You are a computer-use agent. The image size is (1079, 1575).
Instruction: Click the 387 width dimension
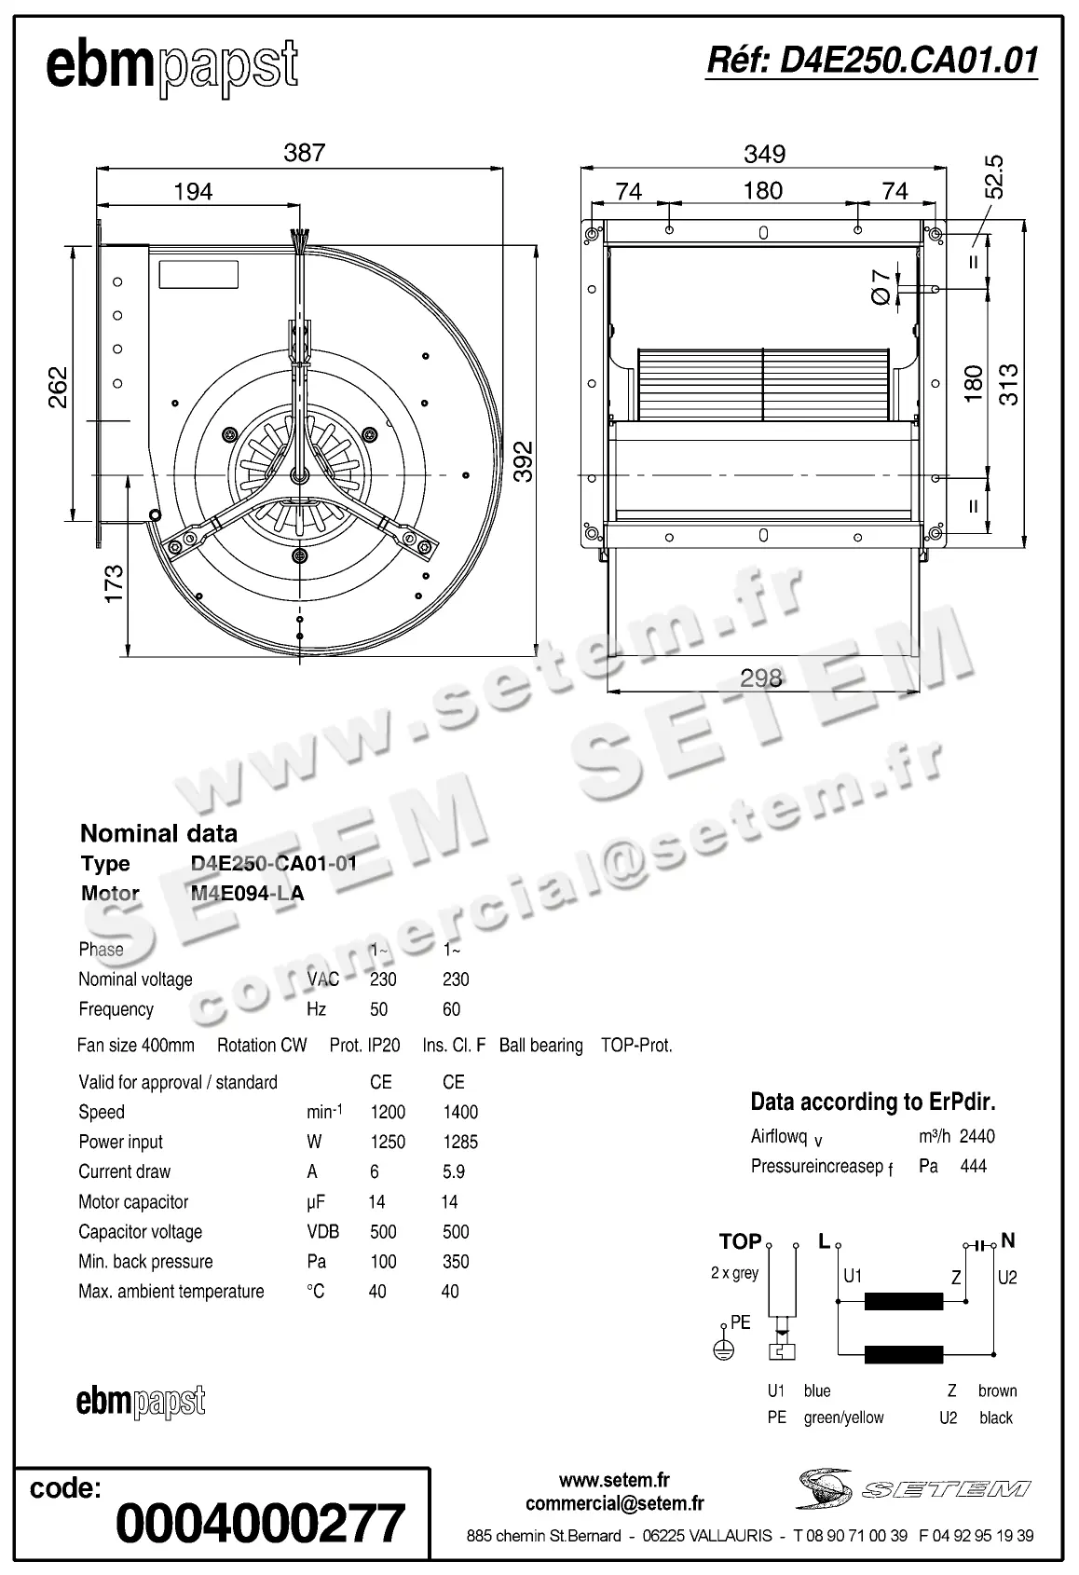coord(304,153)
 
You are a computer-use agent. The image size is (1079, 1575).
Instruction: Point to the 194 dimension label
coord(193,192)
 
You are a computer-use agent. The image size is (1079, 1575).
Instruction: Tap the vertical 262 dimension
coord(58,388)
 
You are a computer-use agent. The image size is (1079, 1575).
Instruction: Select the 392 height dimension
coord(525,460)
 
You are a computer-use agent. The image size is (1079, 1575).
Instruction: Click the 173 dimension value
coord(114,583)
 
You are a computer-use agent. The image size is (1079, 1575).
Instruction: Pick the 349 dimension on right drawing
coord(764,154)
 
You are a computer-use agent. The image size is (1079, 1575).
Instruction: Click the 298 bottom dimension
coord(760,678)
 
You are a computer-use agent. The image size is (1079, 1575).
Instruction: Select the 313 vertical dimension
coord(1009,384)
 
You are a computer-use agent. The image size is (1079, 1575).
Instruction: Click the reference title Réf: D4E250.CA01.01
coord(872,61)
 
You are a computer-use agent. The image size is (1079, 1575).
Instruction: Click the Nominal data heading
coord(158,833)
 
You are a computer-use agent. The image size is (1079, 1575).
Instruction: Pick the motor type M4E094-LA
coord(247,893)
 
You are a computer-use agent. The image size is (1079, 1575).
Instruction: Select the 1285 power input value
coord(460,1142)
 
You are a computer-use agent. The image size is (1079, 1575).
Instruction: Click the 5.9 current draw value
coord(454,1171)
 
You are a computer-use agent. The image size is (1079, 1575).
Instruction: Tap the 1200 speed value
coord(388,1112)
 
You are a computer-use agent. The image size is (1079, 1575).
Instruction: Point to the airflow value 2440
coord(977,1136)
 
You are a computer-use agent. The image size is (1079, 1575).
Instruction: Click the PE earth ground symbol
coord(723,1349)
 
